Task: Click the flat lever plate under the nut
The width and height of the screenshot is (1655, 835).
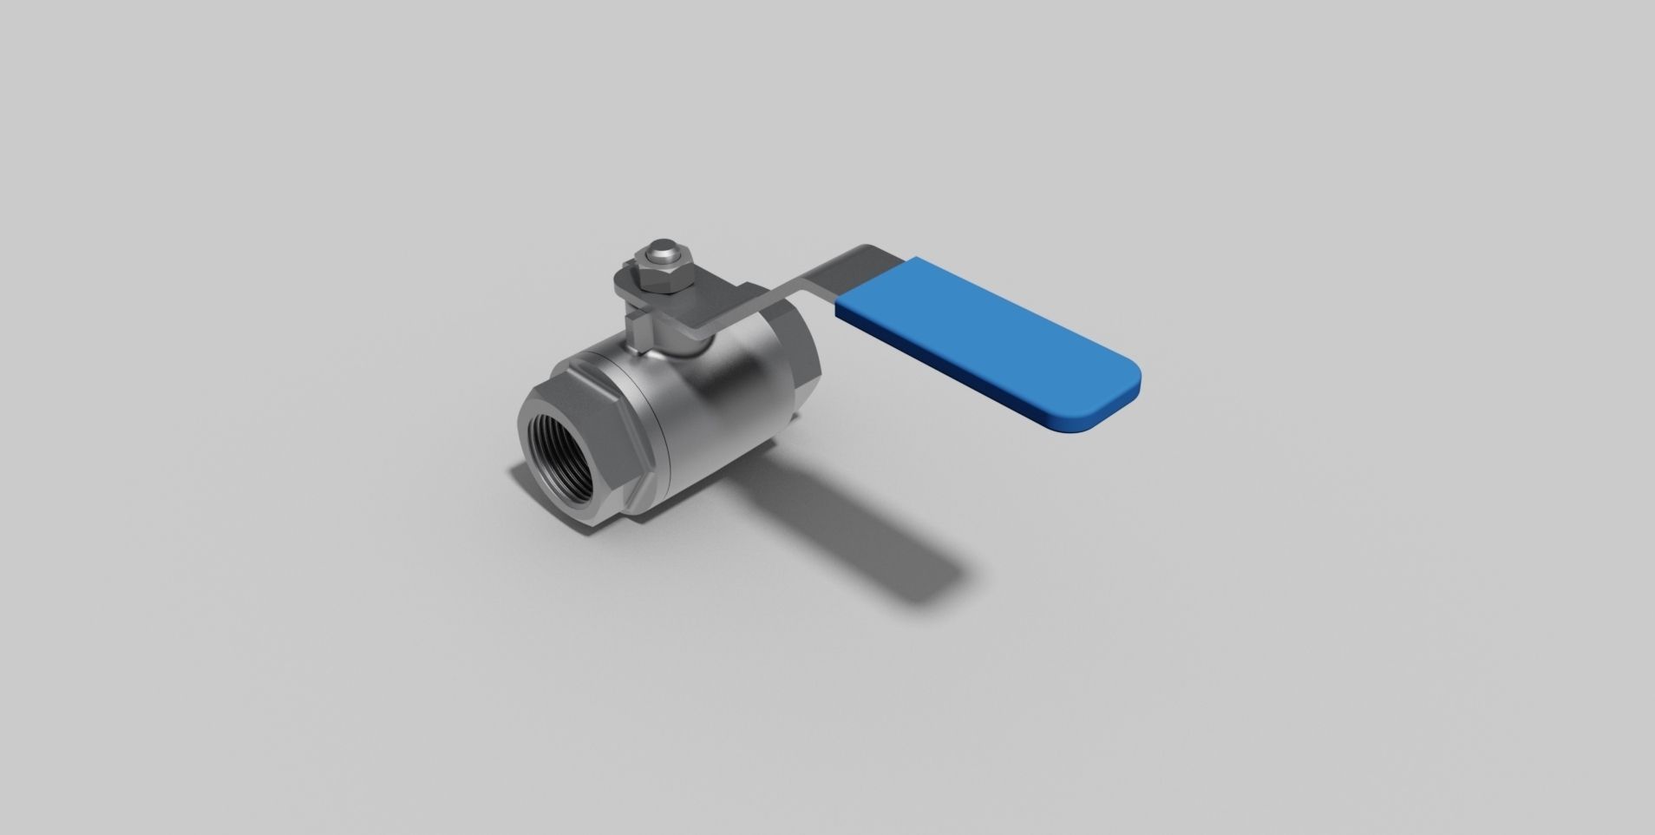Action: [x=694, y=308]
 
